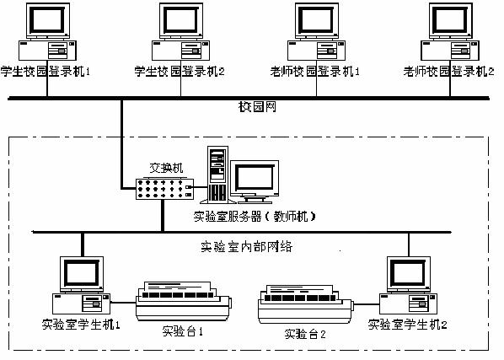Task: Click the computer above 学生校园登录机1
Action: click(47, 34)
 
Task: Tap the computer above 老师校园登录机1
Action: click(319, 34)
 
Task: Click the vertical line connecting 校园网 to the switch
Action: click(123, 139)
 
